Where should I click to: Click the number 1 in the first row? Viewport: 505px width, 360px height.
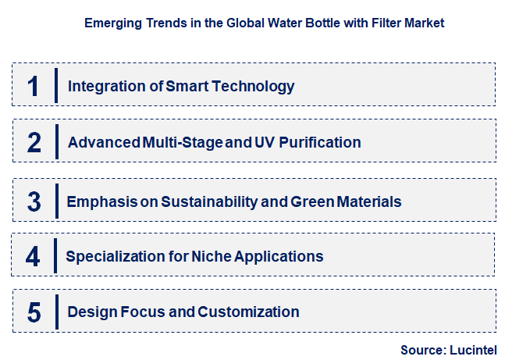[33, 85]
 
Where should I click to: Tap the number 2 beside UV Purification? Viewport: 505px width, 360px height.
[34, 142]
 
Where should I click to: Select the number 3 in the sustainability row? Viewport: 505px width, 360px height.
[34, 201]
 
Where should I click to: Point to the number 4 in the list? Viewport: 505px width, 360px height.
[33, 256]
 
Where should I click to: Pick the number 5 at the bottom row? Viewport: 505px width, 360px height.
[34, 312]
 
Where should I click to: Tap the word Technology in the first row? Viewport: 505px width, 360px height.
[251, 86]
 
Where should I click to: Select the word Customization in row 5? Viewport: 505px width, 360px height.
[249, 312]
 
